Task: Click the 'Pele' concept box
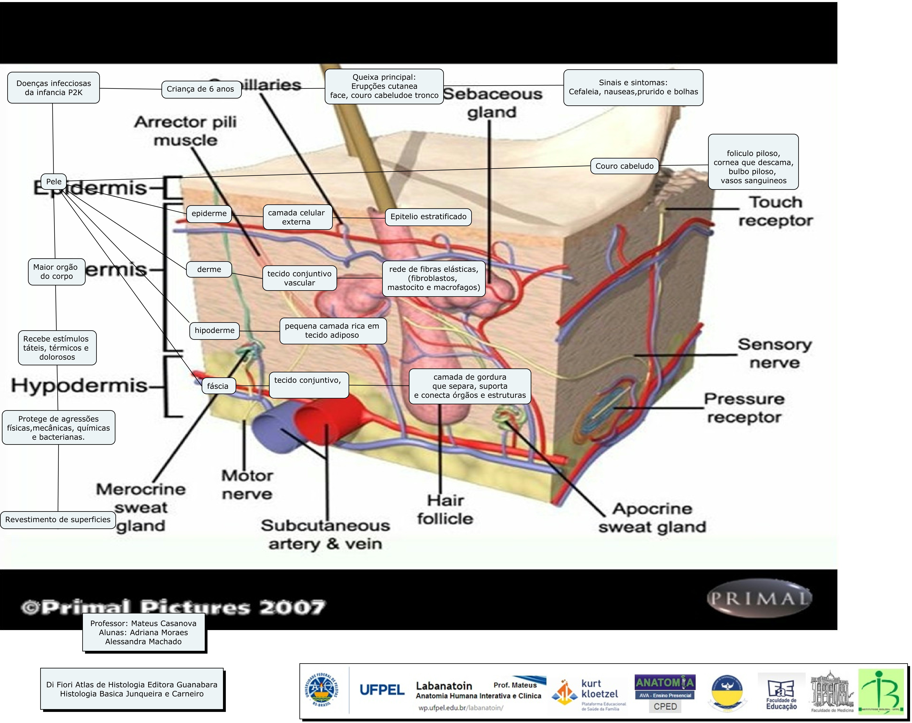click(x=54, y=182)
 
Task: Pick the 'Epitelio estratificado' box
click(x=428, y=217)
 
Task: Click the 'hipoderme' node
click(x=214, y=331)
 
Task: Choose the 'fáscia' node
click(x=218, y=386)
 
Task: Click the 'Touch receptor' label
click(x=775, y=211)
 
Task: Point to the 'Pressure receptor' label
click(x=744, y=408)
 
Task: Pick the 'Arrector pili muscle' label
click(x=185, y=131)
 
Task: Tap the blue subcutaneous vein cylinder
click(x=271, y=428)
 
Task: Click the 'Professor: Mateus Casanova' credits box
click(x=143, y=632)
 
